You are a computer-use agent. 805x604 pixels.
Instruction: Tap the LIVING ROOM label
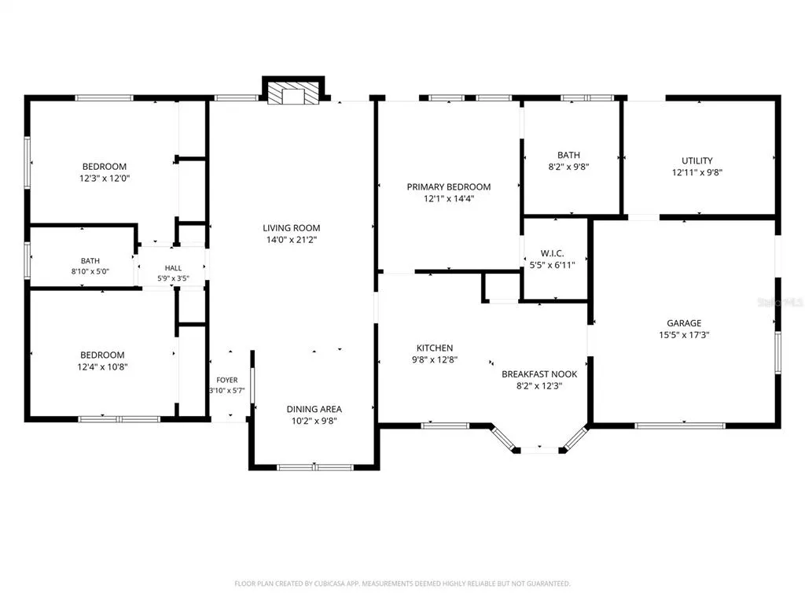(291, 227)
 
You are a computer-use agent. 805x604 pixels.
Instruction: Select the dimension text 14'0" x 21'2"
(291, 239)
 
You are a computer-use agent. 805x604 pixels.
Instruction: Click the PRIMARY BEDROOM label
(449, 187)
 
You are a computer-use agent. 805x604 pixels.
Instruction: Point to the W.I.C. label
(552, 253)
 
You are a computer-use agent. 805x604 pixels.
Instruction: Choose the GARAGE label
(684, 323)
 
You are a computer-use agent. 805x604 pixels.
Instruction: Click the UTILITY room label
(697, 160)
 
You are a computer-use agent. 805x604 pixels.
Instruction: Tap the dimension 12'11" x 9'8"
(697, 172)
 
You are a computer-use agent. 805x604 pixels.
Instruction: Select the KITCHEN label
(434, 348)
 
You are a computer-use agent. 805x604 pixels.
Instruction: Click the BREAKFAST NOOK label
(539, 374)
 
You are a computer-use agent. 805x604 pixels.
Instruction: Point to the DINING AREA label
(314, 409)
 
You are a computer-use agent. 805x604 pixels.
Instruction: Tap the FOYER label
(227, 380)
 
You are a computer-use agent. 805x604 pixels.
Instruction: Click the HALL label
(173, 268)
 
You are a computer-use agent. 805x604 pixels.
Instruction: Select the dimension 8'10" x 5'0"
(90, 271)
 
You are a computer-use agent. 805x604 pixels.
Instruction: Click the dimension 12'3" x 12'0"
(105, 179)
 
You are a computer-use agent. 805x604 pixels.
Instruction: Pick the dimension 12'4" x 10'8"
(102, 366)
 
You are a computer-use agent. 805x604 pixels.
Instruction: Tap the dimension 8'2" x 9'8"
(568, 167)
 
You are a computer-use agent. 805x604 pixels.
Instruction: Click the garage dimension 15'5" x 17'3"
(684, 335)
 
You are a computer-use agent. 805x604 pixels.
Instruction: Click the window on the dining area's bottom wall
(314, 467)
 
